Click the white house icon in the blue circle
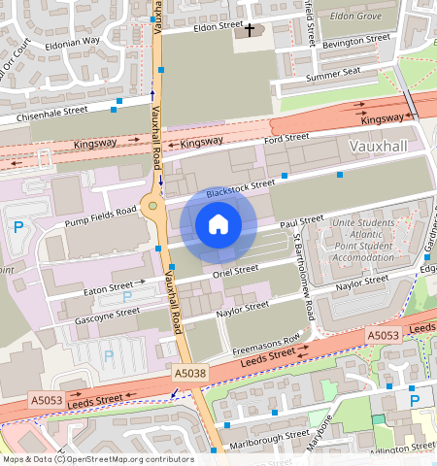(218, 225)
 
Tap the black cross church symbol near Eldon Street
(249, 30)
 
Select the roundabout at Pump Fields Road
(151, 206)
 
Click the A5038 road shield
(190, 373)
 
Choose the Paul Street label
(301, 222)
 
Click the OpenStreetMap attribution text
(97, 459)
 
